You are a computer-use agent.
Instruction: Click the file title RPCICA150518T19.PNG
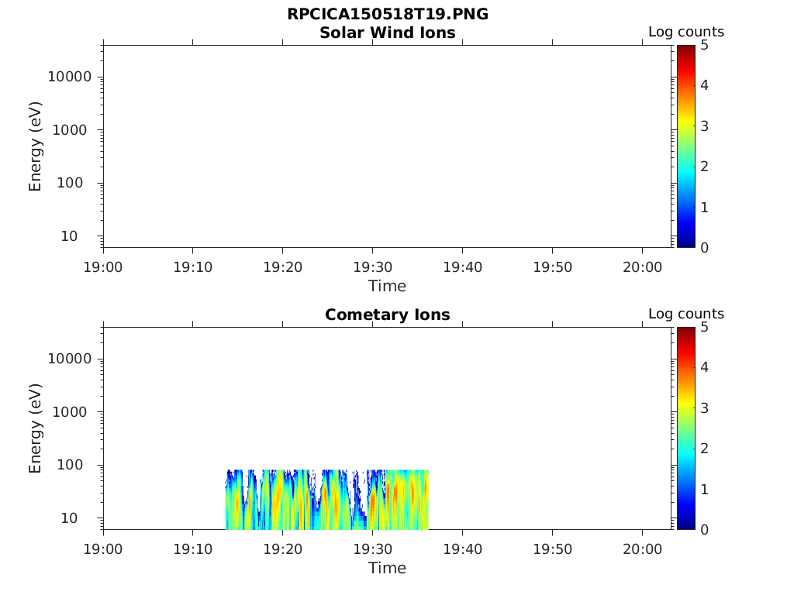pos(387,15)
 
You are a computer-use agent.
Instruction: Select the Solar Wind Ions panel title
pos(387,33)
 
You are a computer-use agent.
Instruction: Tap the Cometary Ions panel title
pos(387,315)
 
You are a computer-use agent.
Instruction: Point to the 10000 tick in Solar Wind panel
pos(70,77)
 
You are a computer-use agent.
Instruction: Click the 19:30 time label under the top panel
pos(372,267)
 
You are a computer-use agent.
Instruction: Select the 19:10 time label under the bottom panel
pos(193,549)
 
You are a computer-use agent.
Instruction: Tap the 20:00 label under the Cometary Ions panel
pos(641,549)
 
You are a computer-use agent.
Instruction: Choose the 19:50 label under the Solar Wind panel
pos(552,267)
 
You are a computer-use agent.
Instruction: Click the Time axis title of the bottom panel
pos(387,568)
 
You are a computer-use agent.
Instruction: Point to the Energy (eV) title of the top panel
pos(36,146)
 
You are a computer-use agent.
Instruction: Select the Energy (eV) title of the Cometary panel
pos(36,428)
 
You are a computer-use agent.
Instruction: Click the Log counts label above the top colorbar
pos(685,33)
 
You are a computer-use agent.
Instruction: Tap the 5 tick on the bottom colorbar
pos(705,328)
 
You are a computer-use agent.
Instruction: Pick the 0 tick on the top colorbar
pos(705,248)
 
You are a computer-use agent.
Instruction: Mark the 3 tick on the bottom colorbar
pos(705,408)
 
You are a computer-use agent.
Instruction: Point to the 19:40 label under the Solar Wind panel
pos(462,267)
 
